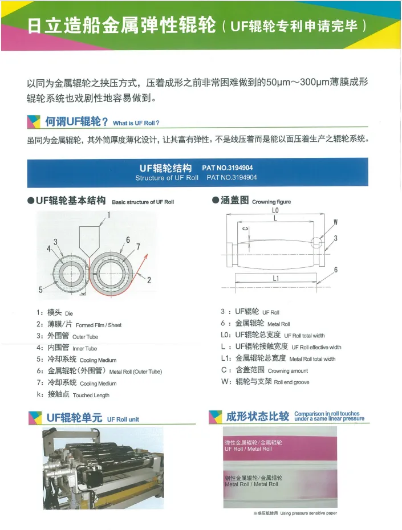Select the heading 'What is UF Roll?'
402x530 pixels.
136,123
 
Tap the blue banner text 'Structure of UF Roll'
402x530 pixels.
167,178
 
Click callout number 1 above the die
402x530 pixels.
108,215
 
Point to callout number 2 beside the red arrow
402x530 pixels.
149,280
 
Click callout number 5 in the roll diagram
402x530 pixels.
40,290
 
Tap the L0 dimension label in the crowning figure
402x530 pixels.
275,210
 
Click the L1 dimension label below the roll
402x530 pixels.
275,278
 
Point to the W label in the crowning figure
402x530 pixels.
335,222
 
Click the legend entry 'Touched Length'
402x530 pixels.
91,396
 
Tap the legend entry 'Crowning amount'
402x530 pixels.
288,371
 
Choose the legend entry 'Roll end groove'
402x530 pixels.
291,382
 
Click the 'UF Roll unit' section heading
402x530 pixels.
123,419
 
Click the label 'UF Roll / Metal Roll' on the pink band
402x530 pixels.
248,449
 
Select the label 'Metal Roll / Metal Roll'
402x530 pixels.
251,484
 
